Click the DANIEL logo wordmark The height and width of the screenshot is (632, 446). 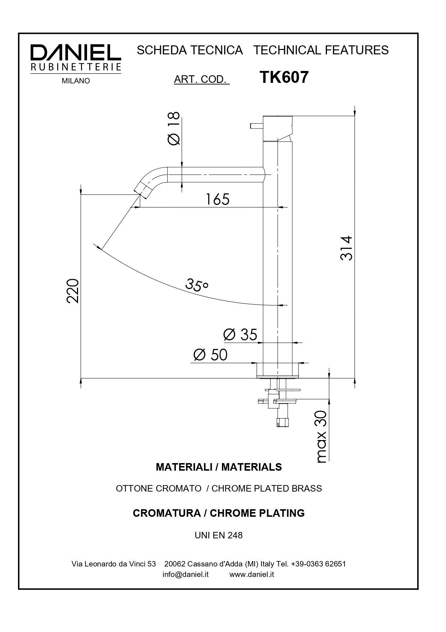76,53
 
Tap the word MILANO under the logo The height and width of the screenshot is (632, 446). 76,81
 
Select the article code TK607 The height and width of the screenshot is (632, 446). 284,77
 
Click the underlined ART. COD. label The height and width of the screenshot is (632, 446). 201,79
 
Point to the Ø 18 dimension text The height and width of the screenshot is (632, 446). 174,128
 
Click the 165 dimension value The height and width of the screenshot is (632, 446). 217,199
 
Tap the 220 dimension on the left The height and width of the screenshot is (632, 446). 73,291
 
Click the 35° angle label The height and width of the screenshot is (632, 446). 197,284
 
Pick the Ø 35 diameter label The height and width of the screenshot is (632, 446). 240,335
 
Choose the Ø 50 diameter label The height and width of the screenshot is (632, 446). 210,355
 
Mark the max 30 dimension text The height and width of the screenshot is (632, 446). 321,436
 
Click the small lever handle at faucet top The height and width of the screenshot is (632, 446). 256,126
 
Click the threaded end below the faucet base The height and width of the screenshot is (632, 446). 283,422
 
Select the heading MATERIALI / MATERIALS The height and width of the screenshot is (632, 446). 219,467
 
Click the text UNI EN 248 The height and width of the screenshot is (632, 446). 219,535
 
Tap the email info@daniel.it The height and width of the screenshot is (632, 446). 185,574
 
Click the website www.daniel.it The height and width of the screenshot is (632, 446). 251,574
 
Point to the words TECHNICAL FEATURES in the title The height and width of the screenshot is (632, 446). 321,50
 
